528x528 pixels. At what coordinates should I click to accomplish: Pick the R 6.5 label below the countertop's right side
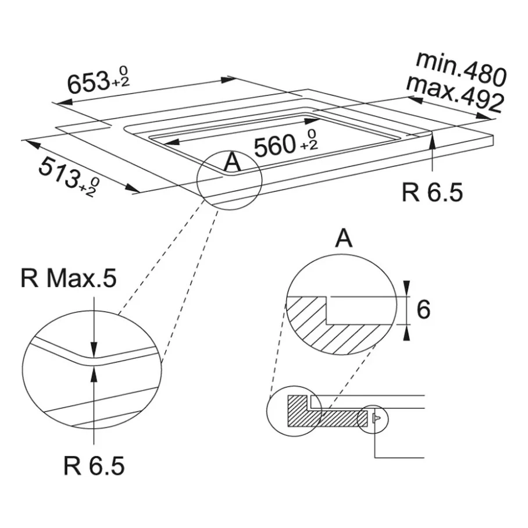click(433, 192)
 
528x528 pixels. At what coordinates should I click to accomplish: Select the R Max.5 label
click(69, 278)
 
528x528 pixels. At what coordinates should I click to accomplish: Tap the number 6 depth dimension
click(423, 309)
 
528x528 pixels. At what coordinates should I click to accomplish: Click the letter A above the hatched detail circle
click(344, 238)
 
